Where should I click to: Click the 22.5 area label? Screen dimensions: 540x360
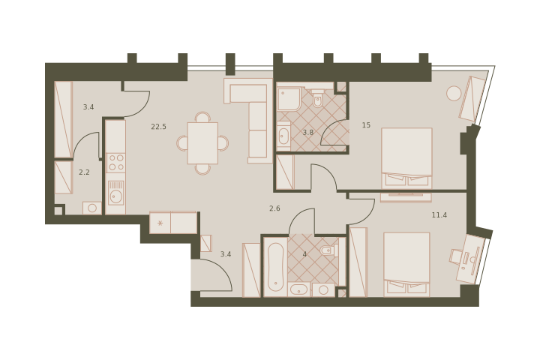[x=158, y=127]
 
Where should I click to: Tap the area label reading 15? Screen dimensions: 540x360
[x=366, y=125]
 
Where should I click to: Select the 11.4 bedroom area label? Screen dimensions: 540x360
[x=439, y=215]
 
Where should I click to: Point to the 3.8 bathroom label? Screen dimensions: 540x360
[x=308, y=132]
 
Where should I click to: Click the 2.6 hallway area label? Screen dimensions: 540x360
[x=274, y=208]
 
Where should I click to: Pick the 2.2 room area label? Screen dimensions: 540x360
[x=84, y=172]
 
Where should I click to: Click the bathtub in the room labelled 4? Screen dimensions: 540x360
[x=275, y=267]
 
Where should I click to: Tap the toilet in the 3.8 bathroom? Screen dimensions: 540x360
[x=317, y=98]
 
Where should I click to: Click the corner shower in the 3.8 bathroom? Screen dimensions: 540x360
[x=289, y=99]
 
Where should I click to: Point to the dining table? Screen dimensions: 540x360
[x=202, y=143]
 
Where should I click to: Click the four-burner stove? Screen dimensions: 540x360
[x=115, y=163]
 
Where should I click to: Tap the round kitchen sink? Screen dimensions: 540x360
[x=115, y=196]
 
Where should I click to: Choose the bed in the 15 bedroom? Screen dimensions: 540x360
[x=406, y=158]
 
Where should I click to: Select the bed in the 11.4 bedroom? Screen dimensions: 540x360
[x=406, y=264]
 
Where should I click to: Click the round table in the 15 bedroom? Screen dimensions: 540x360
[x=454, y=93]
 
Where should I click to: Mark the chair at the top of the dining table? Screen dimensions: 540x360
[x=202, y=117]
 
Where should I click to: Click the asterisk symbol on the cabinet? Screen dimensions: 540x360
[x=160, y=223]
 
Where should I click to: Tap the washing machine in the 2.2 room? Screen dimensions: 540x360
[x=92, y=208]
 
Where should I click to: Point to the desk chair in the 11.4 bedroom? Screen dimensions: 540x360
[x=456, y=256]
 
